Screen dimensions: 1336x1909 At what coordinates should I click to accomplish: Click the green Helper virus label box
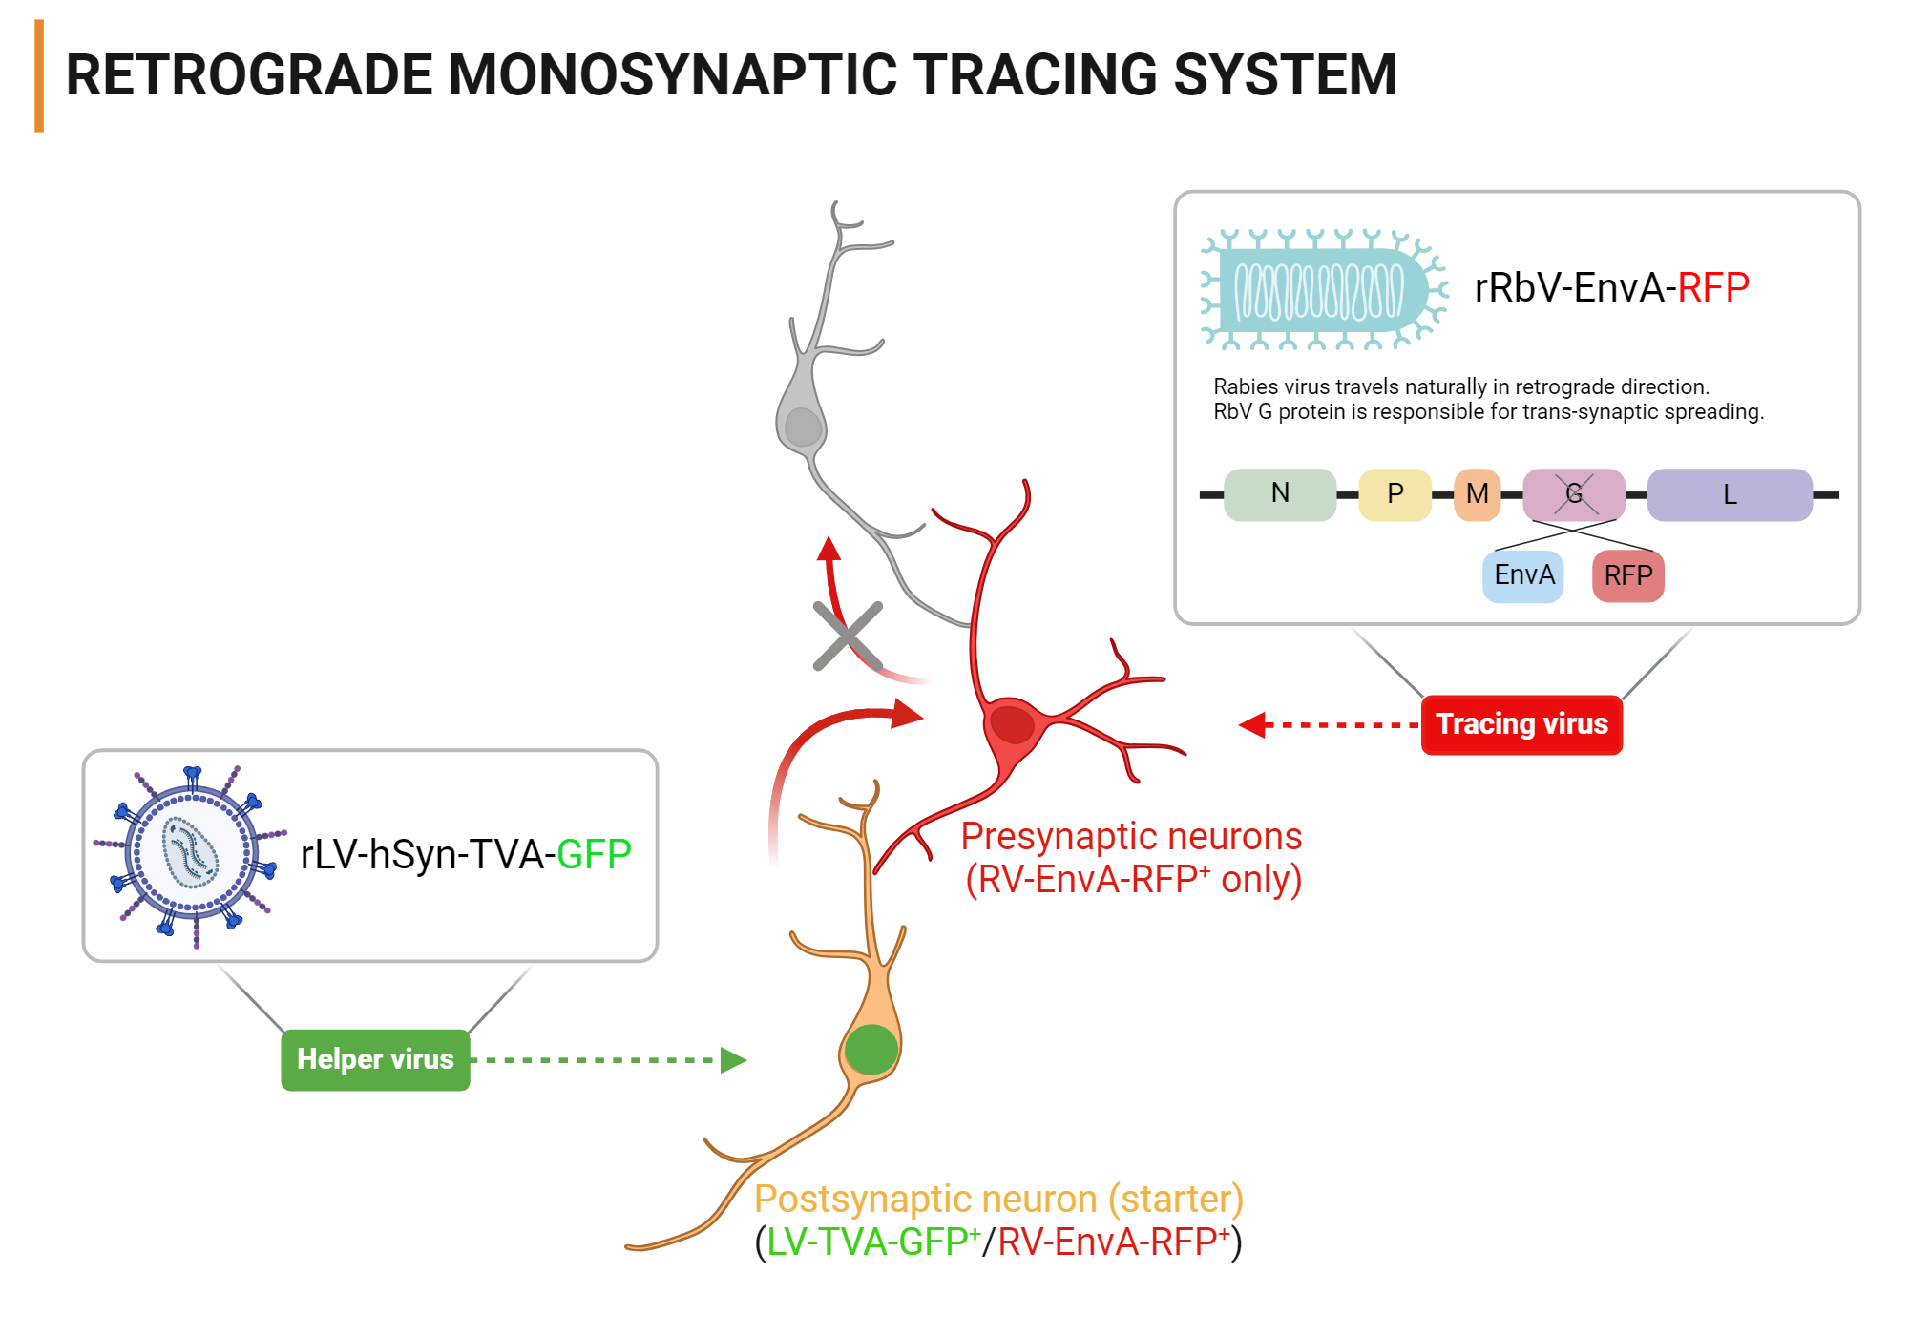pos(375,1059)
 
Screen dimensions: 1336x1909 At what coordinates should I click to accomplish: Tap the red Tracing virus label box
pos(1521,724)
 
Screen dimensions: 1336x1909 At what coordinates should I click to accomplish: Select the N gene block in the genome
pos(1280,493)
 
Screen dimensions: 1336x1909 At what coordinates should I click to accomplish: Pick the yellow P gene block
pos(1395,493)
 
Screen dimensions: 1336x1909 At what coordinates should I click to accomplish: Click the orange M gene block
pos(1477,493)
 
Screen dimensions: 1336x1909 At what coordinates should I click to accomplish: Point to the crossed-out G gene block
pos(1574,493)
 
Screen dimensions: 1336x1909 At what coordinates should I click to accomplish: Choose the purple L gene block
pos(1729,493)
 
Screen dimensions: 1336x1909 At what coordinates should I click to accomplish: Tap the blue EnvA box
pos(1523,575)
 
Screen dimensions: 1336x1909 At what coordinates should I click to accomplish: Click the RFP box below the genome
pos(1627,575)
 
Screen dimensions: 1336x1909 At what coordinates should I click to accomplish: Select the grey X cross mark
pos(848,636)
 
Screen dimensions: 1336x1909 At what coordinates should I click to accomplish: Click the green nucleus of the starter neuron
pos(871,1050)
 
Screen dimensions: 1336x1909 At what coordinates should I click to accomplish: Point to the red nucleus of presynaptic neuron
pos(1012,724)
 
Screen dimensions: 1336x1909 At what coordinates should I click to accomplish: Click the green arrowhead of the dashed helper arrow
pos(733,1059)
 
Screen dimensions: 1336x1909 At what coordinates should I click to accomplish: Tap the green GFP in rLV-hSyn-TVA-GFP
pos(594,854)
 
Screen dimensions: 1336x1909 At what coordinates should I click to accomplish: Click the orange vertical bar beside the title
pos(39,75)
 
